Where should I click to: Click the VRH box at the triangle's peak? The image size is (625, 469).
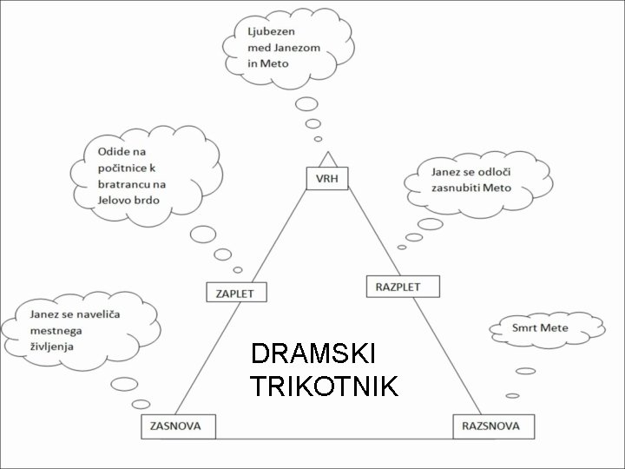327,179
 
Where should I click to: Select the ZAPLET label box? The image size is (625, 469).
234,293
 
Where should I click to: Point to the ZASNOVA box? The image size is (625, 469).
178,426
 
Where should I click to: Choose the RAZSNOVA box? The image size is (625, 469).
490,426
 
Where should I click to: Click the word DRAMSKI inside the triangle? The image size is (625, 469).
312,353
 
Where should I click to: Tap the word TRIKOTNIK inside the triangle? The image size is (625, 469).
324,386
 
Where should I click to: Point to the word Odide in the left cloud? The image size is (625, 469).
103,152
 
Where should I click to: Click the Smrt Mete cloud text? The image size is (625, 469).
540,328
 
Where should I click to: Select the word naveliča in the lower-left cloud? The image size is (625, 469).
102,314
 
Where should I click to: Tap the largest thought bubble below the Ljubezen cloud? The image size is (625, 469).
306,105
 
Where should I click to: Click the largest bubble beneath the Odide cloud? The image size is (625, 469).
203,234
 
